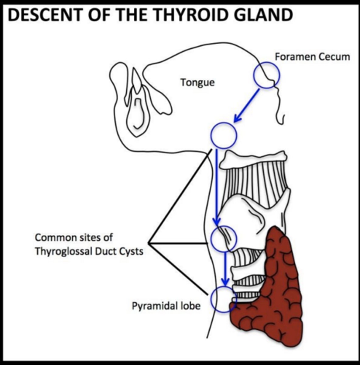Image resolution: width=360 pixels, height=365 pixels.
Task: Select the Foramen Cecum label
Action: pos(312,57)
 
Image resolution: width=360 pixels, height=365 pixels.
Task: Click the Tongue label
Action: pos(197,82)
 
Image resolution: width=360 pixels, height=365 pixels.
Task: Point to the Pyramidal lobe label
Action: pos(166,306)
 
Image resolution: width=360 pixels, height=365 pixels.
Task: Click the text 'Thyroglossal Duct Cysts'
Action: pos(89,252)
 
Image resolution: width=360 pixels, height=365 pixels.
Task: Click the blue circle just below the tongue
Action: pos(224,135)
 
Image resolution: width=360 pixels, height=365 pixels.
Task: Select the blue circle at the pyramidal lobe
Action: pos(223,299)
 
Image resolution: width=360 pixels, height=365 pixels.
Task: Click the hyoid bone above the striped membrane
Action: pos(254,160)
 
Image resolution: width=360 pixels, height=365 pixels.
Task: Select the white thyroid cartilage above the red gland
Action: pos(255,213)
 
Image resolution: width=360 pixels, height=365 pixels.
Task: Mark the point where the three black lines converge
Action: pos(149,243)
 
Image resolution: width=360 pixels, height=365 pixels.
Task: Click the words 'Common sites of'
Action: pos(74,237)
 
